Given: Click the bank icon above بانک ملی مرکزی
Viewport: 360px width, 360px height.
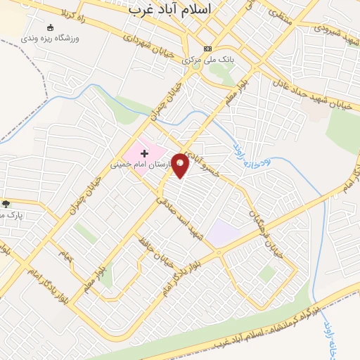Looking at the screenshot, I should tap(207, 49).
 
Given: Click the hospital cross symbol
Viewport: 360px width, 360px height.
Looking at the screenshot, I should tap(145, 153).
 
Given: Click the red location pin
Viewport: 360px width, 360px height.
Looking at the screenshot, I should tap(181, 165).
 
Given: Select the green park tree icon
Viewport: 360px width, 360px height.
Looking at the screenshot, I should tap(6, 204).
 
